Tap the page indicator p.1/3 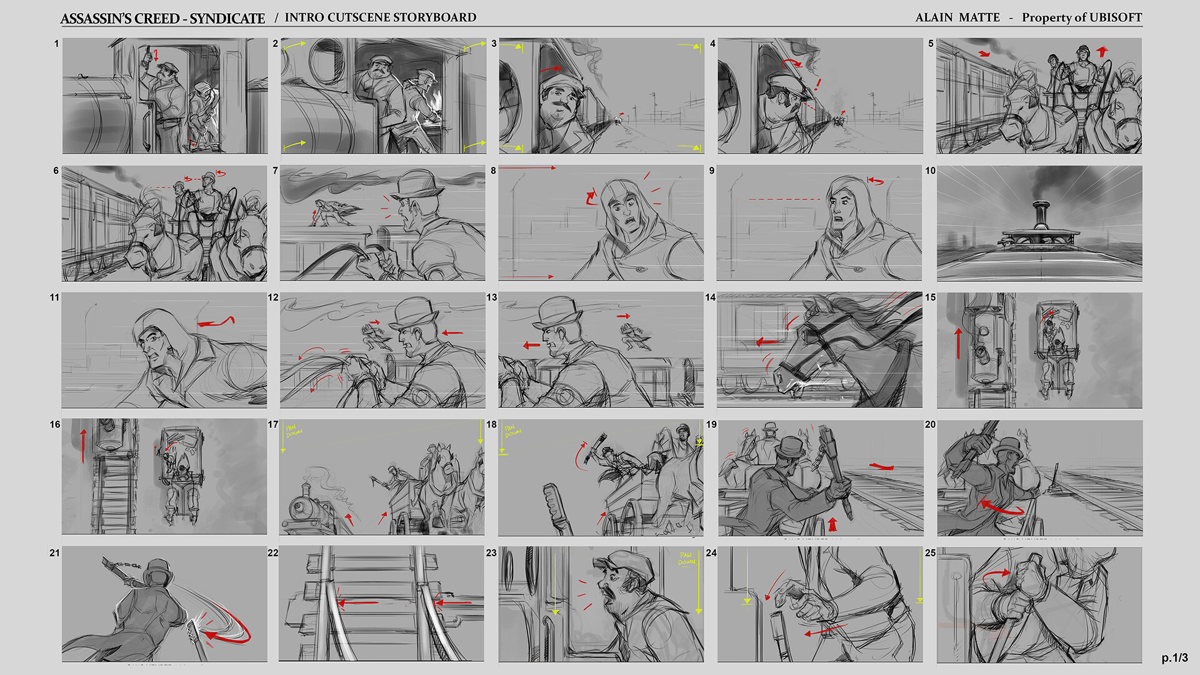click(1174, 657)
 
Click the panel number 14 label click(710, 297)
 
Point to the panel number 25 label click(930, 552)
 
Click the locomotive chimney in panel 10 click(1040, 215)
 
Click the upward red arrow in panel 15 click(958, 343)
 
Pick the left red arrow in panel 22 click(357, 603)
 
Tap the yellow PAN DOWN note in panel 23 click(686, 558)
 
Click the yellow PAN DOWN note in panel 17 click(294, 431)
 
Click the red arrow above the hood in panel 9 click(876, 181)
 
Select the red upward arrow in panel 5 click(1102, 51)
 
